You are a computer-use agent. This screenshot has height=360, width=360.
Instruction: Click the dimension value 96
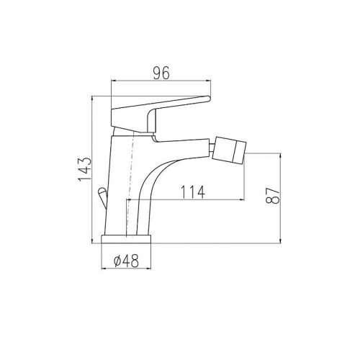tap(161, 73)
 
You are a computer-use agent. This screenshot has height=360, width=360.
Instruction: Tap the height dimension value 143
tap(85, 169)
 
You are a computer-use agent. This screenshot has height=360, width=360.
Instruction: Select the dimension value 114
tap(192, 192)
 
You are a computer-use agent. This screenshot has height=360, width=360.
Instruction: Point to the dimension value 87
tap(273, 195)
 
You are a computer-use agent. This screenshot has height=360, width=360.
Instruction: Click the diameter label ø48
tap(127, 261)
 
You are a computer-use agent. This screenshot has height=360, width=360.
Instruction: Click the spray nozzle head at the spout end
tap(230, 150)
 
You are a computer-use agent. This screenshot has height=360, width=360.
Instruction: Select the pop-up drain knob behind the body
tap(102, 197)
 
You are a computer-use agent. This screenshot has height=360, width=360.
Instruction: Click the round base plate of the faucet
tap(127, 239)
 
